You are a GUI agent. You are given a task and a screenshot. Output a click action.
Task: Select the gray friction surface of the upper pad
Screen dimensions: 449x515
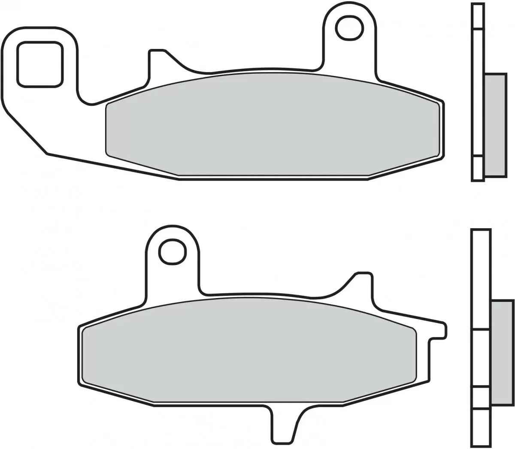[x=273, y=124]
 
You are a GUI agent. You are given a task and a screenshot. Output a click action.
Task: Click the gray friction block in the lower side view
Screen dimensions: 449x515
[x=502, y=352]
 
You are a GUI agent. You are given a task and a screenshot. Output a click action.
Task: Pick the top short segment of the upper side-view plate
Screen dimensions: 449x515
[x=477, y=16]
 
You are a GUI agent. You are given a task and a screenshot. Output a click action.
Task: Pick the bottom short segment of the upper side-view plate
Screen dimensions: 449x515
[x=478, y=168]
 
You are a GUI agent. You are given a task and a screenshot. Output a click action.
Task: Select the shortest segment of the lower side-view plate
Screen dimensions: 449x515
[x=481, y=398]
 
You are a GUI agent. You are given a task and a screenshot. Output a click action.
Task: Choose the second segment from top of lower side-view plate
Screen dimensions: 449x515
[x=481, y=358]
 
